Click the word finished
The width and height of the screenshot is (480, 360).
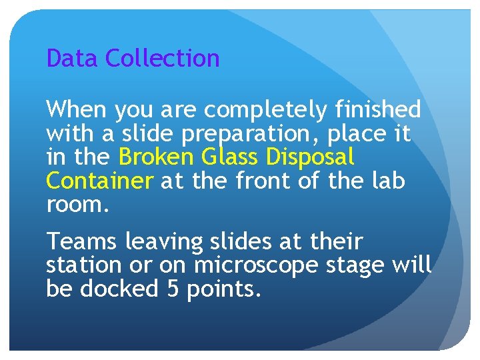(x=378, y=109)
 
